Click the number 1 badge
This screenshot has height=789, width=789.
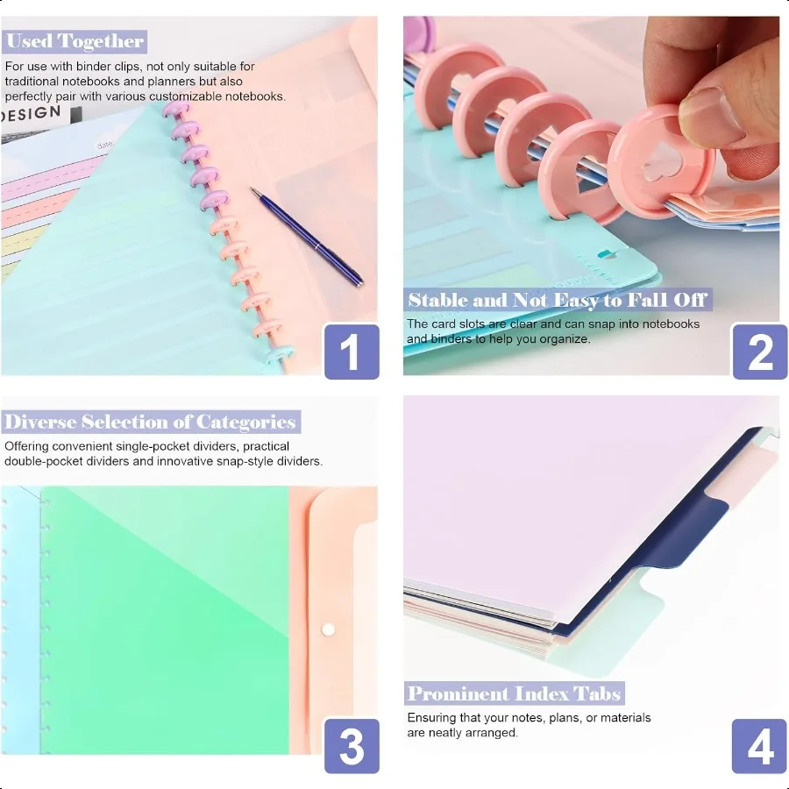pos(352,351)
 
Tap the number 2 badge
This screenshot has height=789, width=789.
pos(759,351)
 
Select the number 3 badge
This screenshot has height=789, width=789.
pos(352,745)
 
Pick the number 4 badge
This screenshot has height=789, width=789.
pos(759,745)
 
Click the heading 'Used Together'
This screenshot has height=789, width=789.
pos(75,41)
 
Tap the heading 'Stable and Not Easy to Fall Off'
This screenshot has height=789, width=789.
pos(558,300)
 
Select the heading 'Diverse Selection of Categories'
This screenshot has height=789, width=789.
pos(150,422)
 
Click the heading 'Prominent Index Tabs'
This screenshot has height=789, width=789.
pos(515,693)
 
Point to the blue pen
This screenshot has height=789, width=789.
pos(306,237)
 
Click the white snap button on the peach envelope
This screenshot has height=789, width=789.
pos(329,629)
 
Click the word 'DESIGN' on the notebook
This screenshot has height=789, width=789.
pos(32,114)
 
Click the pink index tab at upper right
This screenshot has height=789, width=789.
pos(744,478)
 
